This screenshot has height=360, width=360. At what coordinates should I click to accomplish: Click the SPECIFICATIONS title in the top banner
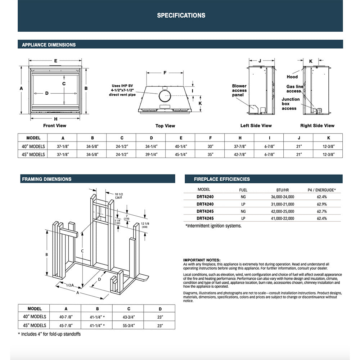181,15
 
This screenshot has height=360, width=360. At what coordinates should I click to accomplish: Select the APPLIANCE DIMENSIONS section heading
49,45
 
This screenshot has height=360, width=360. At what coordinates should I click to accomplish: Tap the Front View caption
55,126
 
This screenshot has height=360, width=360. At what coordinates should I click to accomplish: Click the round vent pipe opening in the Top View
165,96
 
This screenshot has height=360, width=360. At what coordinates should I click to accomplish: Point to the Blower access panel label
239,90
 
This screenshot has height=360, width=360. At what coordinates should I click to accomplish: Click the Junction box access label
291,104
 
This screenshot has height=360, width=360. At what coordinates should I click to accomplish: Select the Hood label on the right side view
292,77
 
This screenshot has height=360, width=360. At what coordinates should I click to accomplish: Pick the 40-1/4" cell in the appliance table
181,147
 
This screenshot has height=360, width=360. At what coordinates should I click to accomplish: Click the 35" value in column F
210,154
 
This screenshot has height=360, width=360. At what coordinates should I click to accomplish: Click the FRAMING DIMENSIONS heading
46,179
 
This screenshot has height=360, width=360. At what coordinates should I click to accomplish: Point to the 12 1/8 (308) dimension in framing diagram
146,226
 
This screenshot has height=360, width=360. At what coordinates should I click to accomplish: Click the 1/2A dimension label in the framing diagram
70,285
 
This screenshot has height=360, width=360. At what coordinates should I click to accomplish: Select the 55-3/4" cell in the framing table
128,325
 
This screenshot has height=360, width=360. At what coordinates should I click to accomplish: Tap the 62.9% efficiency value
322,204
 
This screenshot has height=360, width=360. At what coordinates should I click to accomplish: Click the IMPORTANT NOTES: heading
202,260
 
